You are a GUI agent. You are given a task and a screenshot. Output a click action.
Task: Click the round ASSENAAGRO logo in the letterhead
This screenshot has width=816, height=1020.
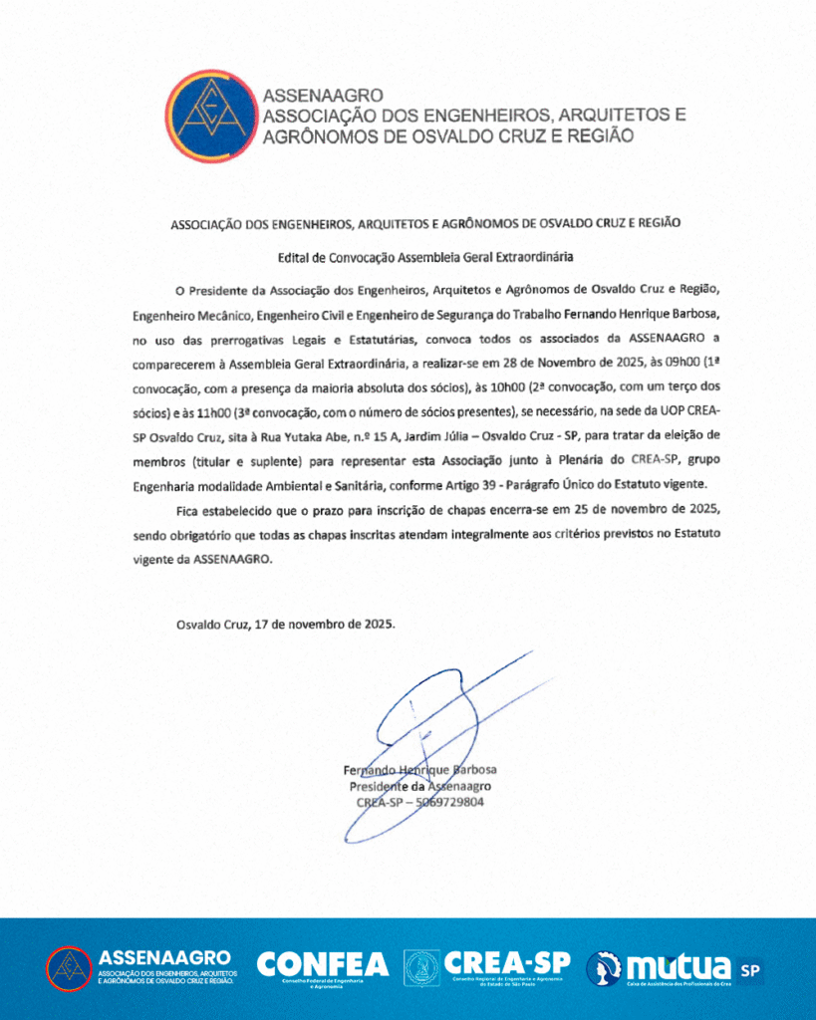(209, 116)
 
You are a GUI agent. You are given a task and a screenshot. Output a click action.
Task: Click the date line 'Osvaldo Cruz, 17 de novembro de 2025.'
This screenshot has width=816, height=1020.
(286, 625)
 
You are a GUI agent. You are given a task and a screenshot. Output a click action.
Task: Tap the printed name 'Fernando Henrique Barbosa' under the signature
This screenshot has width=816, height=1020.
(419, 770)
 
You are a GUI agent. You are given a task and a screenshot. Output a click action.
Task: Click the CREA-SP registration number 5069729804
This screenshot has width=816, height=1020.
(443, 802)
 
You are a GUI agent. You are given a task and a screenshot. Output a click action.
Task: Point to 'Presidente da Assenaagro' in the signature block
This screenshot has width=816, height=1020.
(419, 786)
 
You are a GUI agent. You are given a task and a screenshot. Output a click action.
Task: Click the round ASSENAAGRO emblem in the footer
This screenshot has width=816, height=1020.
(69, 968)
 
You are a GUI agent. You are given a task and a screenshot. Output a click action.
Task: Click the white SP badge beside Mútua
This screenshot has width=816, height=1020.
(750, 967)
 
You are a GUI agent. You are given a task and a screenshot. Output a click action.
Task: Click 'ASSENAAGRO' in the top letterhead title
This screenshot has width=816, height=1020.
(323, 96)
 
